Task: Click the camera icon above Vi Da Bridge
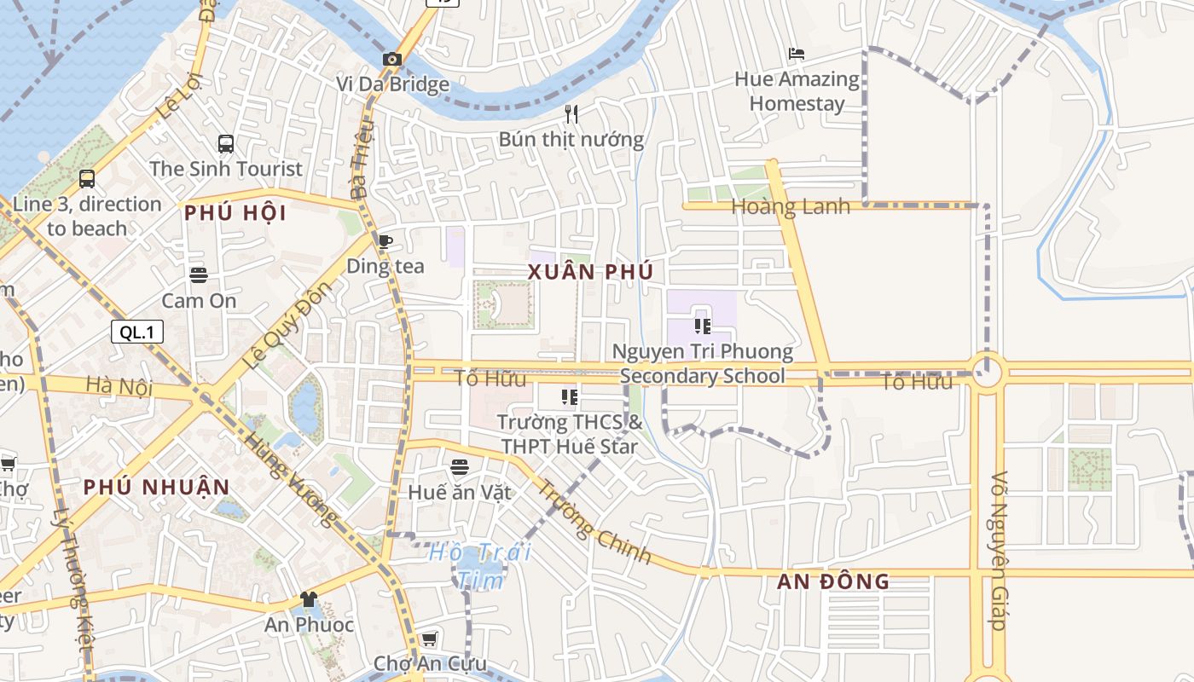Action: (x=392, y=59)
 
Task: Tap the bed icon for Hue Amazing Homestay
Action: (x=797, y=54)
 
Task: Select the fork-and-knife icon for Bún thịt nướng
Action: (x=571, y=113)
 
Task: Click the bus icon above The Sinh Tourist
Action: (x=226, y=144)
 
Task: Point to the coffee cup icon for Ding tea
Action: (x=385, y=241)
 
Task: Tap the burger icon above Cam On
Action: (x=199, y=275)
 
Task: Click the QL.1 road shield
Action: (x=136, y=332)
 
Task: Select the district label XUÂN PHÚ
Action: (x=590, y=272)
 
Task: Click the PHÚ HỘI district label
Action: (x=235, y=213)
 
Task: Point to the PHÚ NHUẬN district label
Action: (x=156, y=488)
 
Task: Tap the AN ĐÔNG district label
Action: (x=833, y=582)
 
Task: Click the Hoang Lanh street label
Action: (x=791, y=206)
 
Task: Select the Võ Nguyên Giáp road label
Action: (x=1000, y=550)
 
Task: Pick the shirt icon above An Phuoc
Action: (x=308, y=599)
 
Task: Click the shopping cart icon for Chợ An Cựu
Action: (x=429, y=639)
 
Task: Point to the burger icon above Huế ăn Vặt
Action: (x=460, y=466)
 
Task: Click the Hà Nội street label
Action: (x=119, y=386)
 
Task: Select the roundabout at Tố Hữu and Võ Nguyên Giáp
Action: (x=987, y=372)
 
